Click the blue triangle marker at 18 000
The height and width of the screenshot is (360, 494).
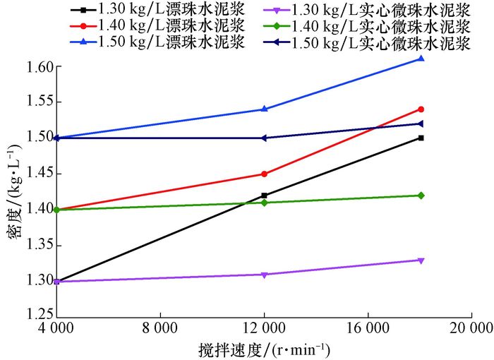coord(421,59)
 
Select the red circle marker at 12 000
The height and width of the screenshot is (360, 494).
coord(264,174)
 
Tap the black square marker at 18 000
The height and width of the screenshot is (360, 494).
coord(421,138)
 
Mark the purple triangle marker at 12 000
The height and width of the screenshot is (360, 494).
coord(264,275)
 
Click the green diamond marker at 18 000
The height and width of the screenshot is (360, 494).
coord(421,196)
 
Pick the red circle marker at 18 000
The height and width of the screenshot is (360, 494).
coord(421,109)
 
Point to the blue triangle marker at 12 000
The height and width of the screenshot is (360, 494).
coord(264,109)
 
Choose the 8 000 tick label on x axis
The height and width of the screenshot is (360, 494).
coord(159,328)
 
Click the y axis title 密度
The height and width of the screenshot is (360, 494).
coord(12,191)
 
